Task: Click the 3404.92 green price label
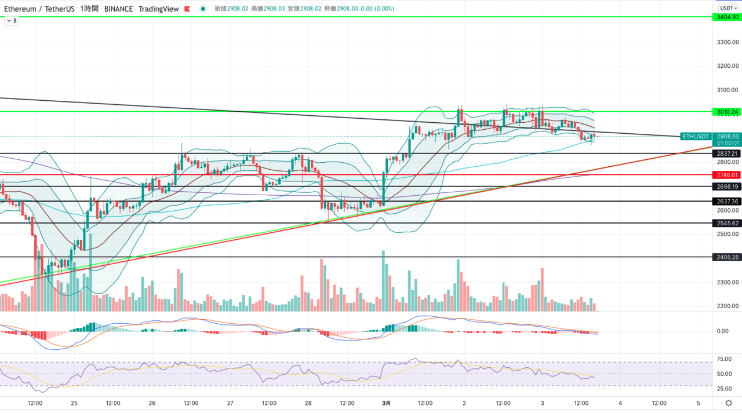click(727, 17)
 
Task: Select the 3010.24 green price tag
click(727, 112)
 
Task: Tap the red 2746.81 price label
click(727, 175)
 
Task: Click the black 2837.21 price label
click(727, 153)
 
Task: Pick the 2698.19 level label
click(727, 187)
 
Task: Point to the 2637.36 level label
click(727, 201)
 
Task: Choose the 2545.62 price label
click(727, 223)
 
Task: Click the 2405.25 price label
click(727, 257)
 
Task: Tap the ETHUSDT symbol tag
click(696, 136)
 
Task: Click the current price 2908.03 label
click(728, 136)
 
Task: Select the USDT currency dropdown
click(728, 8)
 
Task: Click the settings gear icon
click(729, 403)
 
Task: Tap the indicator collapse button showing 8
click(12, 21)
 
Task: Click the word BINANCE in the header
click(118, 9)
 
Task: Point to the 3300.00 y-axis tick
click(728, 42)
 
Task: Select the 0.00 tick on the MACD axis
click(722, 331)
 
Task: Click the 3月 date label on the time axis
click(386, 403)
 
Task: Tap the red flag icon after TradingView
click(187, 9)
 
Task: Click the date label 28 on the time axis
click(308, 403)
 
